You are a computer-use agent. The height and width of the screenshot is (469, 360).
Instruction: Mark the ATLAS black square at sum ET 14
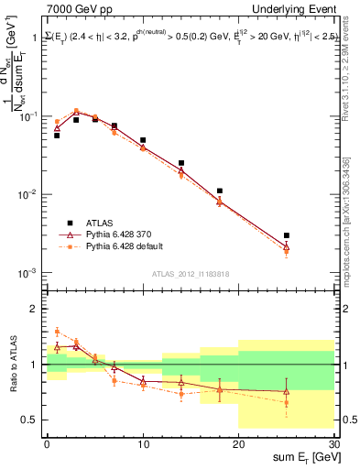coord(181,163)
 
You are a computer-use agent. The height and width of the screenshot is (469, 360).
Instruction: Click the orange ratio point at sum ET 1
coord(57,332)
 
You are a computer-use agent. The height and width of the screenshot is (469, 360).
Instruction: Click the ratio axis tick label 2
coord(36,309)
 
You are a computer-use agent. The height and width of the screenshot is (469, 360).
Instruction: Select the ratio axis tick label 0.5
coord(32,420)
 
